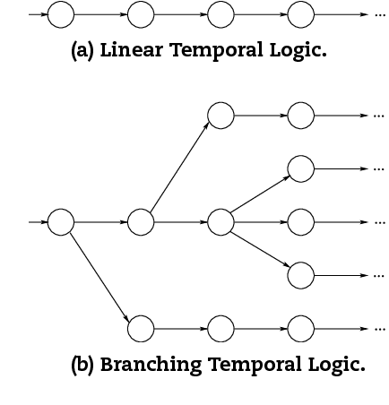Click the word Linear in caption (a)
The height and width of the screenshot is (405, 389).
tap(132, 50)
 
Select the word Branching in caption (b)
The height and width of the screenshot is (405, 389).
tap(151, 365)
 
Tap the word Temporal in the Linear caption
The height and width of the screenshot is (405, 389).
tap(217, 50)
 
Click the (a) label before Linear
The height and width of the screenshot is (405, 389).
tap(82, 50)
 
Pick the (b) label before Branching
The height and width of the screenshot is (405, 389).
tap(82, 365)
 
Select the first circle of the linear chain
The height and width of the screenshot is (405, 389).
tap(61, 14)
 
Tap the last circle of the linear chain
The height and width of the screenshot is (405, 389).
tap(301, 14)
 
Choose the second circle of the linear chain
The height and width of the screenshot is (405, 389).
tap(141, 14)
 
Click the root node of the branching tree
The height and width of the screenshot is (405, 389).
tap(61, 222)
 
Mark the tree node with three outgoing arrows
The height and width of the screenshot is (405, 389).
tap(220, 222)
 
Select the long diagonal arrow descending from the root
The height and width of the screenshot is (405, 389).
tap(99, 279)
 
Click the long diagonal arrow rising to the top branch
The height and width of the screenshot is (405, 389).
tap(179, 167)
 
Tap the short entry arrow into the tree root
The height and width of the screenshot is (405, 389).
tap(39, 222)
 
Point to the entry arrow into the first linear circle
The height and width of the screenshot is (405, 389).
tap(39, 14)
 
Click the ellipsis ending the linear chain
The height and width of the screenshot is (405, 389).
tap(379, 15)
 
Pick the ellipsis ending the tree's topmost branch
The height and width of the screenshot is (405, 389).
tap(379, 116)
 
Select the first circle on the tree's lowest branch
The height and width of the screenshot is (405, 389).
tap(141, 329)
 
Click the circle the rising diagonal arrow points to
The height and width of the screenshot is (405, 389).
tap(220, 116)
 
